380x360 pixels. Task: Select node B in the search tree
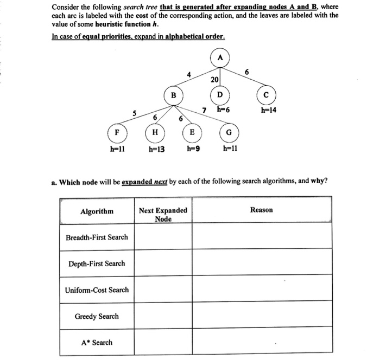(174, 97)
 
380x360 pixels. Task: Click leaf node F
(117, 132)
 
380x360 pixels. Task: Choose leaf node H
(155, 132)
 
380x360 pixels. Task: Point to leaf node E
(192, 132)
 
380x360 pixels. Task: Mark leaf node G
(229, 132)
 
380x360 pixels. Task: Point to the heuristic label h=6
(223, 110)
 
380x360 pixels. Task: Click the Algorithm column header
(97, 211)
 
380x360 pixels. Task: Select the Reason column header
(261, 209)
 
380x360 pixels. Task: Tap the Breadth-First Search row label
(97, 237)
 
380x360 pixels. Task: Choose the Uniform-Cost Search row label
(97, 290)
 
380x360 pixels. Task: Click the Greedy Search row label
(97, 316)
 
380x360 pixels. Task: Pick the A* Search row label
(97, 342)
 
